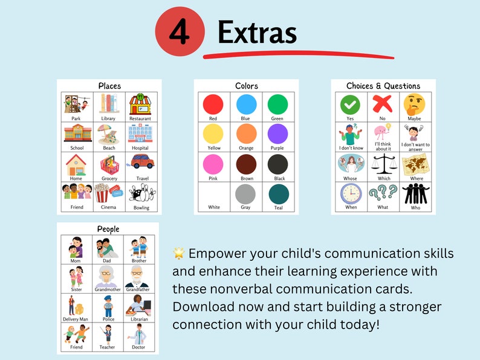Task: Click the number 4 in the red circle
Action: pyautogui.click(x=178, y=32)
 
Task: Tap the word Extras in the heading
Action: pyautogui.click(x=257, y=32)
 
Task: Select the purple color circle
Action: pyautogui.click(x=277, y=133)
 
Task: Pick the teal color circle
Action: pyautogui.click(x=277, y=194)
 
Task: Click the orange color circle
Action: pyautogui.click(x=246, y=133)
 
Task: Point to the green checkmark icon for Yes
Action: pyautogui.click(x=350, y=104)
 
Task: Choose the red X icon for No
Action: pyautogui.click(x=382, y=104)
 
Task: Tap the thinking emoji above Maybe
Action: pyautogui.click(x=415, y=104)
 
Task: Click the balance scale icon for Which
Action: pyautogui.click(x=382, y=164)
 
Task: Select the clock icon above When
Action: pyautogui.click(x=350, y=194)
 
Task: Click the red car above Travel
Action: pyautogui.click(x=142, y=162)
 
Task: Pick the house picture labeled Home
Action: pyautogui.click(x=76, y=164)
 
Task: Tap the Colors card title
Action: pyautogui.click(x=246, y=86)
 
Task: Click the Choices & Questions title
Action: pyautogui.click(x=383, y=86)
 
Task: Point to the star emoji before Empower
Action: pyautogui.click(x=178, y=253)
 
